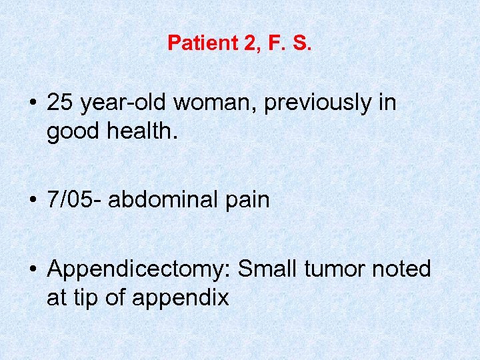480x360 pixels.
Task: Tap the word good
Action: (x=71, y=132)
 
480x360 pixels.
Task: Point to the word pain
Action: (x=246, y=200)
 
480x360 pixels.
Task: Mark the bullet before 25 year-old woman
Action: (x=33, y=104)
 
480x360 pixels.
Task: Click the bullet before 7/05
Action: (x=33, y=201)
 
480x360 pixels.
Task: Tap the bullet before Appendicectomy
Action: (x=33, y=270)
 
